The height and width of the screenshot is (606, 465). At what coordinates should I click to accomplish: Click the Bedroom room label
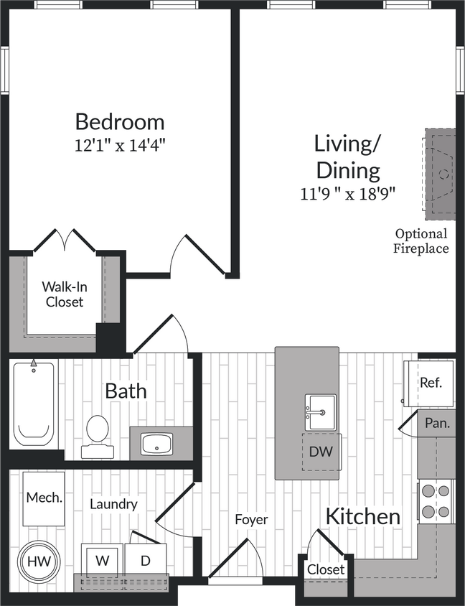119,121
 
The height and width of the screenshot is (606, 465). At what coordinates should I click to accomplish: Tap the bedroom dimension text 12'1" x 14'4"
119,145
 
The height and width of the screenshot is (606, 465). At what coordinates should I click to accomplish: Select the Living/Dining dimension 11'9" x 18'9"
348,193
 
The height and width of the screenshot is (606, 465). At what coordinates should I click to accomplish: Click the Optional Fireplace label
421,241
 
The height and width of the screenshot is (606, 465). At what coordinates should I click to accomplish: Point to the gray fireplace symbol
439,174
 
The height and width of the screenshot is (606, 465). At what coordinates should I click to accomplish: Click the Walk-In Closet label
65,294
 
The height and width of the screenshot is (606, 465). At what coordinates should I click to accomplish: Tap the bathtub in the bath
34,405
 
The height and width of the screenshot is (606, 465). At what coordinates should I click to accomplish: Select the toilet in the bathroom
96,434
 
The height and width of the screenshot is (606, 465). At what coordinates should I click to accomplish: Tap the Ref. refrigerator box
431,383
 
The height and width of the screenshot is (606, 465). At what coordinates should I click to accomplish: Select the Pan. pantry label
436,423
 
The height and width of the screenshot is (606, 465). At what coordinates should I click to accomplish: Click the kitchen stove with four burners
436,501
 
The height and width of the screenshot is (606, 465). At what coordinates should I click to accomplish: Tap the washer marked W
102,561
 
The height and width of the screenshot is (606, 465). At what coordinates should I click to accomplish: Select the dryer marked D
145,561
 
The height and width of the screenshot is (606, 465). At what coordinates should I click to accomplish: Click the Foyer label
251,519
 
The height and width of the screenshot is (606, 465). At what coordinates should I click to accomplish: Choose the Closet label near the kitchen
326,569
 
